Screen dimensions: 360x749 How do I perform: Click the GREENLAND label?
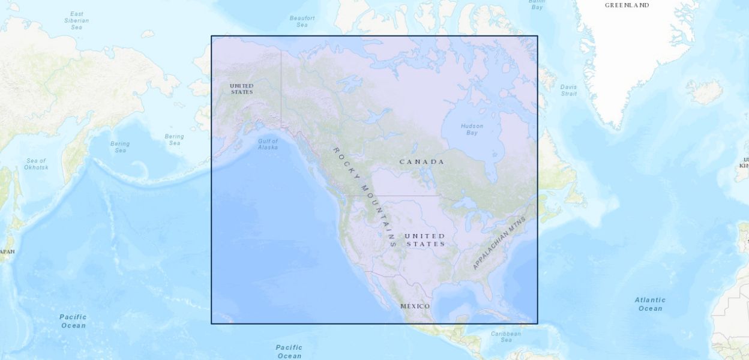point(627,5)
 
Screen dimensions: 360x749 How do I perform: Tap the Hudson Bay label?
point(472,129)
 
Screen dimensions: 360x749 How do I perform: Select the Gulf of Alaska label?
point(268,144)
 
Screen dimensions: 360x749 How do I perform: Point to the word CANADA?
point(422,162)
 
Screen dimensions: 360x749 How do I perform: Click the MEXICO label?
point(415,307)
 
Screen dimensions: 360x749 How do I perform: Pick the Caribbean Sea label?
point(506,337)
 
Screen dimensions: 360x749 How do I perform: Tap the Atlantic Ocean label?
point(650,304)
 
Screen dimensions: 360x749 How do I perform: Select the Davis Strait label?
point(568,90)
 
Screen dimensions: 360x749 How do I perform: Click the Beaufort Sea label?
point(302,22)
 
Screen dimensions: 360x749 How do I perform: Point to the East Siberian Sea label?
point(76,20)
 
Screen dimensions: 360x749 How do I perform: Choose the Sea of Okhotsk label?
point(36,164)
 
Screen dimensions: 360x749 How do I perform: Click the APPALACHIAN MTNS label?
point(499,243)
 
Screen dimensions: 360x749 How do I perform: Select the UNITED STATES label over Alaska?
point(242,89)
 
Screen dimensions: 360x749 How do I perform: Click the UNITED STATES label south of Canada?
point(425,240)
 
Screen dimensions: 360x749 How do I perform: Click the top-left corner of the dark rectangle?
point(211,36)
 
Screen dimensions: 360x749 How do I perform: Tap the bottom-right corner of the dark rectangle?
point(537,323)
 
